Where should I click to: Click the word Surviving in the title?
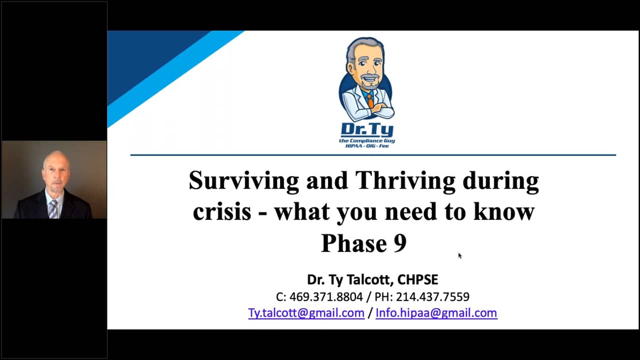pos(244,181)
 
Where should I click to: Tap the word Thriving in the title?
pos(405,181)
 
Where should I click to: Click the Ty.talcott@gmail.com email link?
pos(306,313)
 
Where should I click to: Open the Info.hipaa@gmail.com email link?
pos(436,313)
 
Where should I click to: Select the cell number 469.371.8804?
pos(326,297)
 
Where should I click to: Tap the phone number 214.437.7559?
pos(432,297)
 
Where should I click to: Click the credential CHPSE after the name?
pos(417,279)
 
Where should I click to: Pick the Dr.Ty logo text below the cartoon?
pos(367,130)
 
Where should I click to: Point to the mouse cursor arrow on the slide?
pos(459,255)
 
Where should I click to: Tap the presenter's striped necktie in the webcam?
pos(53,209)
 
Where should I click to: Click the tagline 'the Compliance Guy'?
pos(367,141)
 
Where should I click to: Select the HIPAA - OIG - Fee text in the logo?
pos(367,146)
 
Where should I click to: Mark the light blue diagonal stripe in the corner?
pos(175,79)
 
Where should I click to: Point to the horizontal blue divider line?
pos(373,155)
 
